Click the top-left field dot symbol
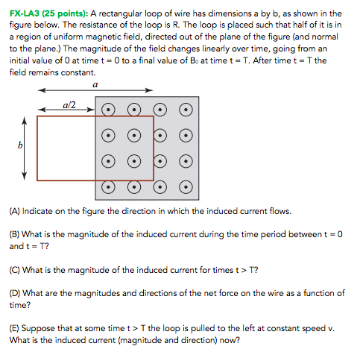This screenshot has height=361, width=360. [x=108, y=110]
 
